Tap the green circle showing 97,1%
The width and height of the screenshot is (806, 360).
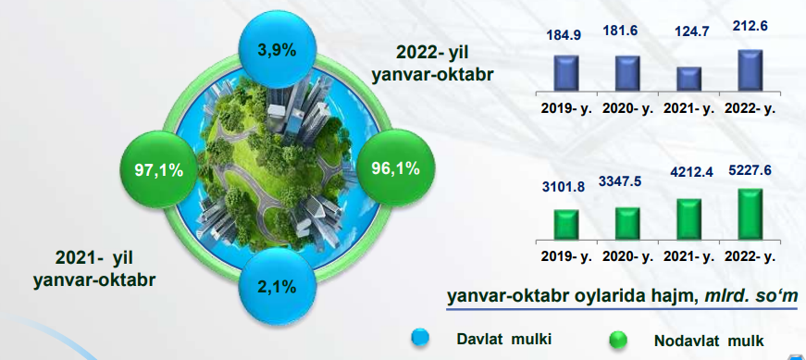pos(159,170)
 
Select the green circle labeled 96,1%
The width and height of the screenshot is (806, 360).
pos(396,168)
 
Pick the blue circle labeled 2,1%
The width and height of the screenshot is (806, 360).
pos(278,286)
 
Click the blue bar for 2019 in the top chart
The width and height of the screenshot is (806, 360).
pos(566,73)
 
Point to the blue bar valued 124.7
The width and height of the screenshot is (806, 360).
pos(689,80)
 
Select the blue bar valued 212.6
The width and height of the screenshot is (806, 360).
pos(750,70)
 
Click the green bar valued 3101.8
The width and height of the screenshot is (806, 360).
pos(566,224)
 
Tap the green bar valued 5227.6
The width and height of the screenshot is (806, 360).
pos(750,214)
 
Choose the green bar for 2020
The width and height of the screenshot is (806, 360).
pos(627,223)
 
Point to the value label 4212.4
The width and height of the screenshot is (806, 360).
pos(689,172)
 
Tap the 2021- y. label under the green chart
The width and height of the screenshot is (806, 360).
pos(688,256)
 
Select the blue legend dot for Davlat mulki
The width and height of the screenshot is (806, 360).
pos(420,338)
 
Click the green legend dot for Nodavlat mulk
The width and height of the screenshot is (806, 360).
pos(618,340)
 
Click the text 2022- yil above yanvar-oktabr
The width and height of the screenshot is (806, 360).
pos(432,53)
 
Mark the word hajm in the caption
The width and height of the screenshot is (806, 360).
pos(659,297)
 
